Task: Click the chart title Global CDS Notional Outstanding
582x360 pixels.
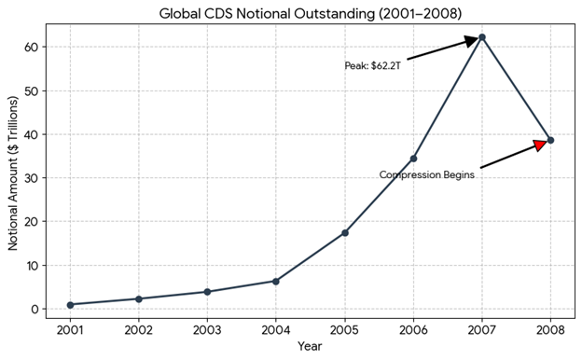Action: point(309,12)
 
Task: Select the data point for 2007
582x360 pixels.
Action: point(482,37)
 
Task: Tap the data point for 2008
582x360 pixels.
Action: point(550,140)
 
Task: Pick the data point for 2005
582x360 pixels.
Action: point(345,232)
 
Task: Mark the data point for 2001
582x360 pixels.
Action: point(71,305)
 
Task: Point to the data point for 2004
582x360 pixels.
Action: point(276,281)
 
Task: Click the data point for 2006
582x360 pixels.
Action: point(413,159)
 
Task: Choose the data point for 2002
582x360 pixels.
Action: point(139,298)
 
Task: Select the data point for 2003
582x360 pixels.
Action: point(207,292)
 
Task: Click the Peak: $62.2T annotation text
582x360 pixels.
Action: point(372,66)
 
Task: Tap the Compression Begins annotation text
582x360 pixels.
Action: point(427,174)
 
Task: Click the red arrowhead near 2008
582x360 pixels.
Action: point(540,145)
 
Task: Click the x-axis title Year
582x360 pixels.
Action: point(311,347)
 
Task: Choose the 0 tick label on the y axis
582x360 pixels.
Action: point(35,310)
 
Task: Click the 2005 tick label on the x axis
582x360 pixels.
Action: point(345,329)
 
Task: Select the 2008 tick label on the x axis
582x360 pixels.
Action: point(550,329)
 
